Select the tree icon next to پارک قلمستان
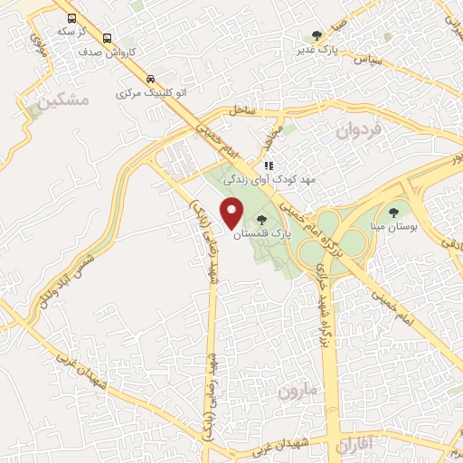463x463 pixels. [262, 220]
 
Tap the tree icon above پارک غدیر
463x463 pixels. [317, 36]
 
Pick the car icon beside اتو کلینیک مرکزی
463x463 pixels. [150, 78]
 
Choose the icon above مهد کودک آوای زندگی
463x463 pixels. [269, 166]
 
